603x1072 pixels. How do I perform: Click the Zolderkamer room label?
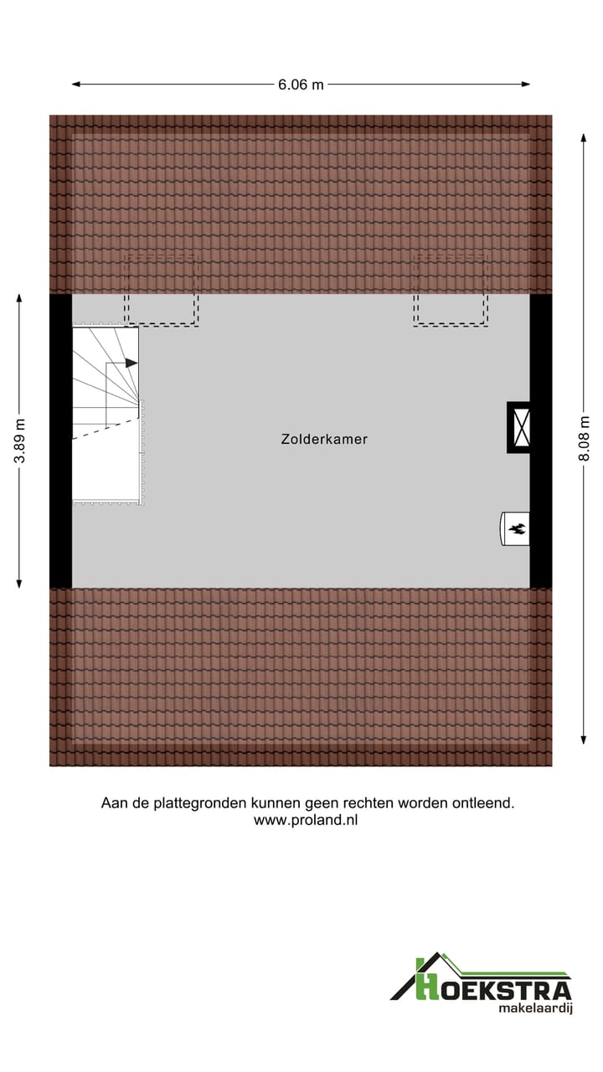coord(324,439)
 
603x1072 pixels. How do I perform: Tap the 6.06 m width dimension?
coord(301,84)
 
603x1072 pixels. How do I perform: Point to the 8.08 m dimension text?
coord(585,439)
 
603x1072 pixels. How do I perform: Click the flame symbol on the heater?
coord(517,528)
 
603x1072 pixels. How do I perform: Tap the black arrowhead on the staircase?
coord(131,363)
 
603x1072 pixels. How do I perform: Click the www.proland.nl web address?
coord(306,821)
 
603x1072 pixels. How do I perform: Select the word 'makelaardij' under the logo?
coord(534,1009)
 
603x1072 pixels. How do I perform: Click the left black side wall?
coord(60,441)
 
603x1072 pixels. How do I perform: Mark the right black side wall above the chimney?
coord(541,348)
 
